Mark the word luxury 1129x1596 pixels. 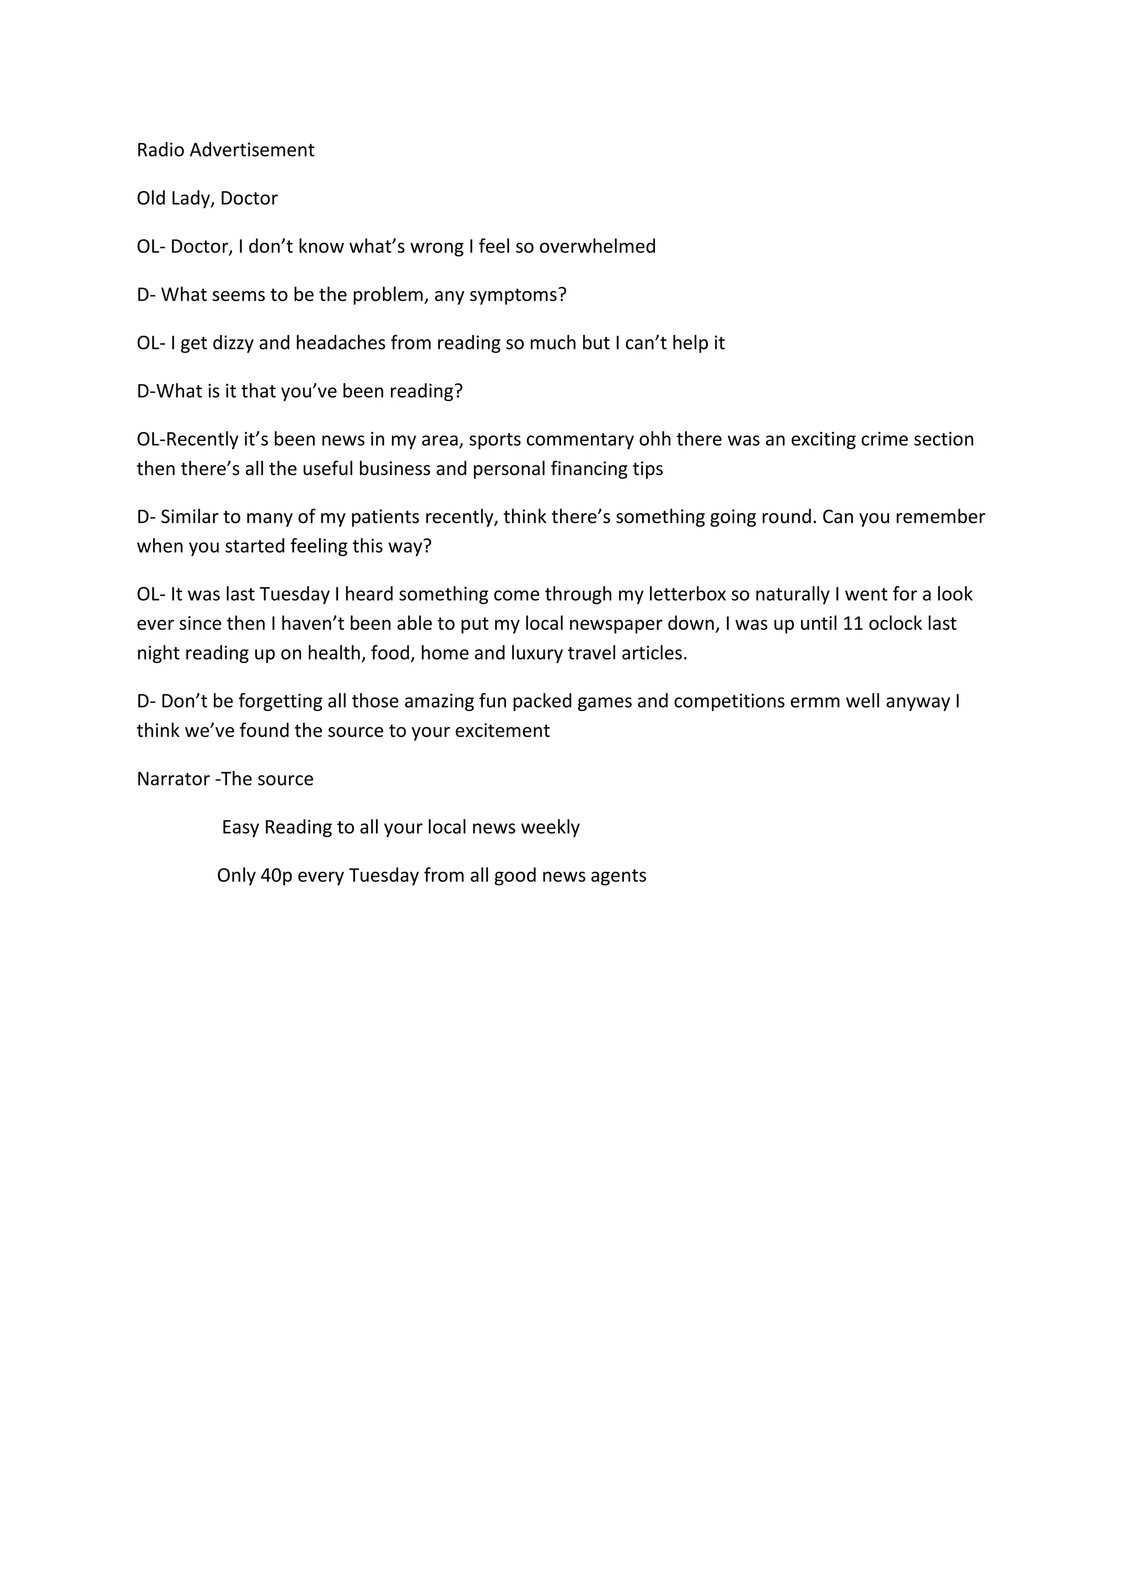[500, 654]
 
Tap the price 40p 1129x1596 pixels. [276, 876]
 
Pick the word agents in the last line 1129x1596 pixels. [620, 876]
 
